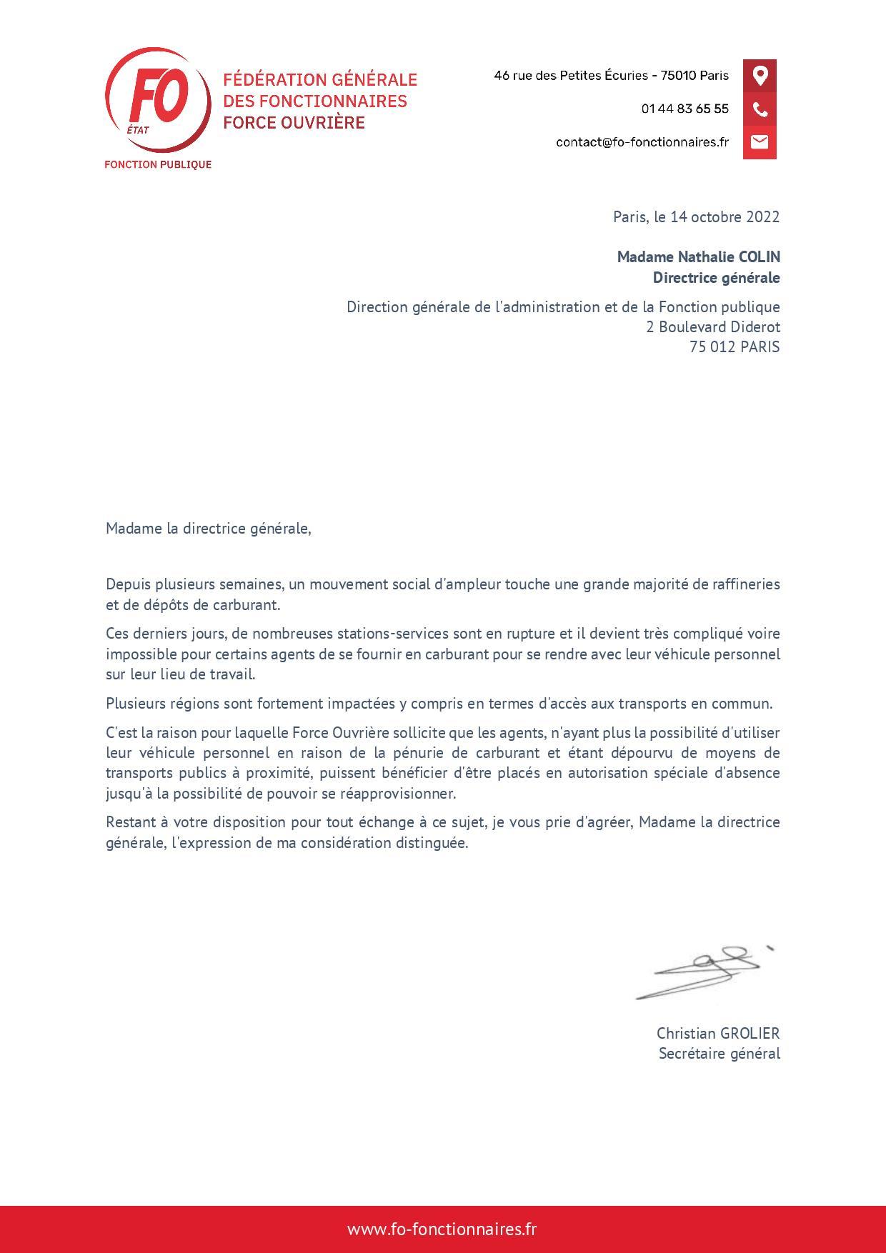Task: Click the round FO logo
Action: coord(158,100)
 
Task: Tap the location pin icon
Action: coord(760,76)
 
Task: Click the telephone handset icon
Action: coord(760,109)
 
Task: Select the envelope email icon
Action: coord(760,141)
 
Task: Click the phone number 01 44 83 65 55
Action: coord(685,109)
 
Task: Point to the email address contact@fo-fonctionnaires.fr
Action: coord(642,142)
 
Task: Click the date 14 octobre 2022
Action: coord(725,217)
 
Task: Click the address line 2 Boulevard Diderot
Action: coord(712,327)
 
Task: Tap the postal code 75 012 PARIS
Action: coord(735,347)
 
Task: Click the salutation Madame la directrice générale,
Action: coord(209,529)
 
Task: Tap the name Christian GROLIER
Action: coord(718,1033)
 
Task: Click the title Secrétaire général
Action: coord(719,1054)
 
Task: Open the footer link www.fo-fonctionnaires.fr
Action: coord(442,1229)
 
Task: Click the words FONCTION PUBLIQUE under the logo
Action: coord(158,165)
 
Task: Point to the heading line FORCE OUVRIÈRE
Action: coord(294,123)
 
